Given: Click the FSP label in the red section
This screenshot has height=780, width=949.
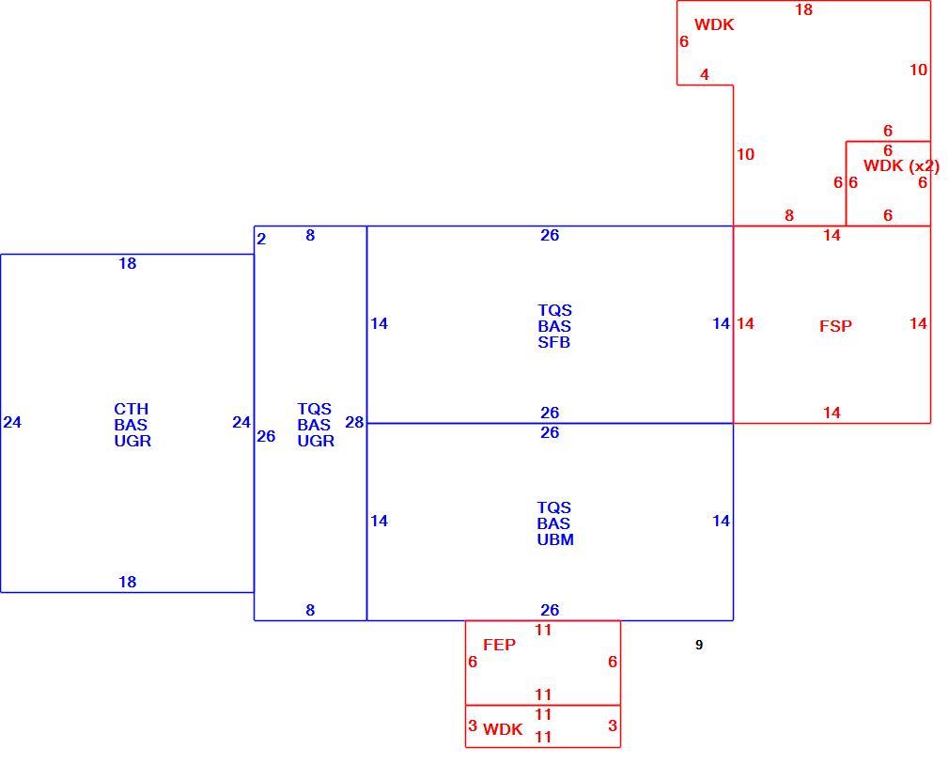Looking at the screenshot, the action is coord(835,326).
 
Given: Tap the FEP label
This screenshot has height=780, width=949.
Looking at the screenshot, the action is coord(499,645).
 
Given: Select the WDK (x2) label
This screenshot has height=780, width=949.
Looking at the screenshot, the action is coord(901,165).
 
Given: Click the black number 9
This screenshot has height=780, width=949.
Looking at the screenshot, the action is coord(699,645).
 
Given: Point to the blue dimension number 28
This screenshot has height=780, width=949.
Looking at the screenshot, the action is coord(354,422).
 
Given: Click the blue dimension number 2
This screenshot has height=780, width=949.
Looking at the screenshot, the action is coord(261,239).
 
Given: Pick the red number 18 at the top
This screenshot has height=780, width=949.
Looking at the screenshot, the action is coord(803,9).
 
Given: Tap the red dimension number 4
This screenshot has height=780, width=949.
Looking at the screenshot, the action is coord(705,74).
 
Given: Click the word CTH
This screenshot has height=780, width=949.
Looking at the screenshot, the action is coord(132,409).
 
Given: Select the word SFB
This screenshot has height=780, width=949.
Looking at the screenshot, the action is coord(553,342).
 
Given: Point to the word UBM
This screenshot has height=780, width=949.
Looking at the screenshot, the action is coord(555,539).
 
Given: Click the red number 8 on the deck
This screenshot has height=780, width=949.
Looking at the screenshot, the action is coord(788,215).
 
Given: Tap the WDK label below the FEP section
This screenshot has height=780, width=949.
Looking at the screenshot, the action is coord(503,730).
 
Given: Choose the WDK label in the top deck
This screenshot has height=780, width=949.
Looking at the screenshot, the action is coord(714,24).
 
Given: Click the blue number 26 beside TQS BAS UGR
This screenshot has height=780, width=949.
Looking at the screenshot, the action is coord(266,436).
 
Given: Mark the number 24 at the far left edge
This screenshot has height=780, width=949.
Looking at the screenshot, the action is coord(12,422).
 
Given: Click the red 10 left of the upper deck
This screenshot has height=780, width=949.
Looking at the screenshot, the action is coord(746,155).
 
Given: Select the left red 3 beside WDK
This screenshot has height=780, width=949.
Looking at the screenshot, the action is coord(473,725).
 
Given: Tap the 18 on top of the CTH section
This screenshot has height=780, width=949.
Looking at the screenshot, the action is coord(127,264).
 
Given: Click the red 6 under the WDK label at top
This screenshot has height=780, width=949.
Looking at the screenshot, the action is coord(684,41).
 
